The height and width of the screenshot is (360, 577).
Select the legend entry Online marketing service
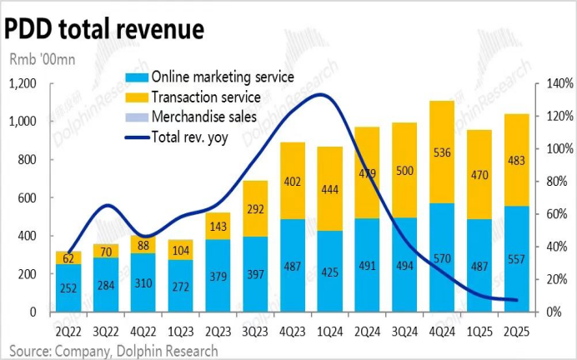coord(222,77)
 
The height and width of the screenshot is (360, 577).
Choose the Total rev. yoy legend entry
coord(193,137)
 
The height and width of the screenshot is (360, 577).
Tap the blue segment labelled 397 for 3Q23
coord(255,274)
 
